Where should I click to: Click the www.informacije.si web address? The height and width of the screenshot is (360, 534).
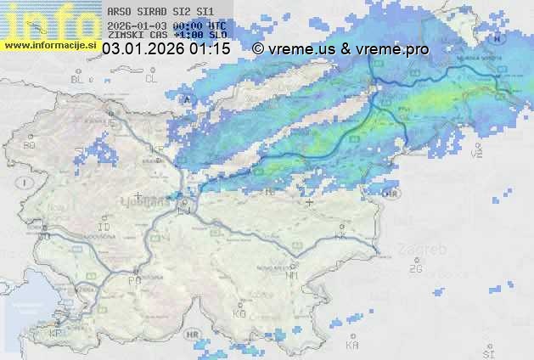(x=49, y=45)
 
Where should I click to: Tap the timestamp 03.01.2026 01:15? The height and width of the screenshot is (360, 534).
(x=166, y=49)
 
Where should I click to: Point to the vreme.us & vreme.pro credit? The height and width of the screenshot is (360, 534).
(x=340, y=49)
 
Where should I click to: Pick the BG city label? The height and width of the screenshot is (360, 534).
(x=30, y=145)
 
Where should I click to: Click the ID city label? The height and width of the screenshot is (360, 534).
(x=104, y=228)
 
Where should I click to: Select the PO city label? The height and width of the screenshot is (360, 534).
(x=134, y=279)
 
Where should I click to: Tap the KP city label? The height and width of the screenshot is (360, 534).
(x=57, y=334)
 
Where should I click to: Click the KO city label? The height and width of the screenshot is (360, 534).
(x=239, y=313)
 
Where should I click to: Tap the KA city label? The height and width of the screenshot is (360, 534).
(x=352, y=346)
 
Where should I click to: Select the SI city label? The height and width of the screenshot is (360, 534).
(x=487, y=352)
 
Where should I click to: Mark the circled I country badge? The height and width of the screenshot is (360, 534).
(x=27, y=182)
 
